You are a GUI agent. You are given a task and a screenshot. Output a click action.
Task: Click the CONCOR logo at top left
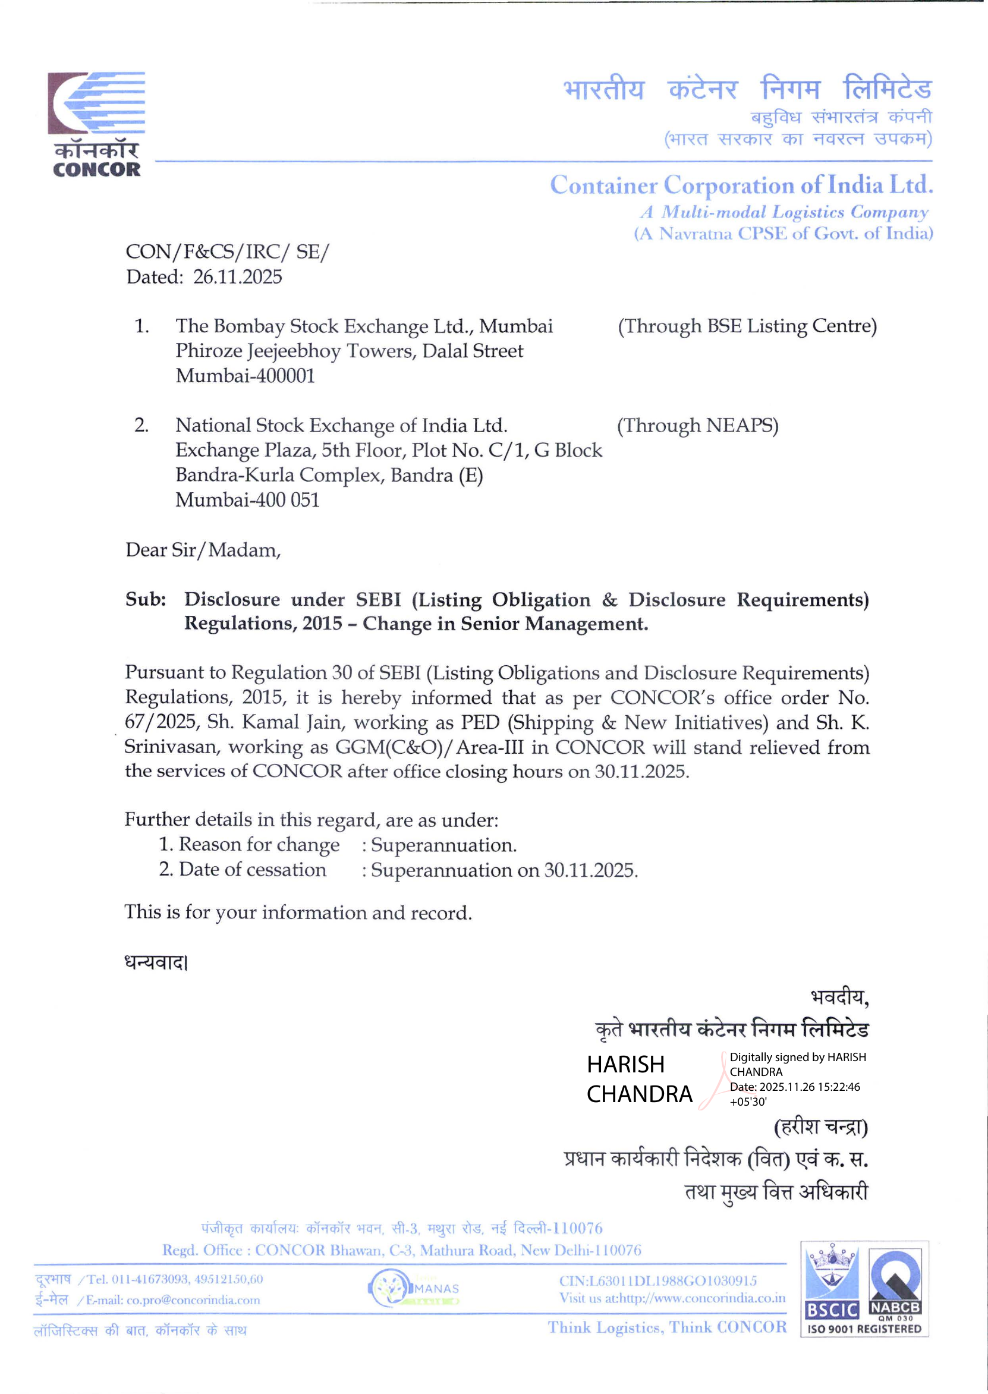click(96, 124)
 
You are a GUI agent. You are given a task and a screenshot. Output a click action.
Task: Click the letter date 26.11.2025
click(237, 278)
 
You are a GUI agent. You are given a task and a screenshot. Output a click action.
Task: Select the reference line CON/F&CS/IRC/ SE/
click(227, 252)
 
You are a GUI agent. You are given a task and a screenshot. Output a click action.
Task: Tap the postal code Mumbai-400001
click(245, 376)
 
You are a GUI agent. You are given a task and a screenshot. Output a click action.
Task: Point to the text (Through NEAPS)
click(697, 426)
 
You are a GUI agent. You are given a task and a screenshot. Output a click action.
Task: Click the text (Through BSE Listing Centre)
click(747, 326)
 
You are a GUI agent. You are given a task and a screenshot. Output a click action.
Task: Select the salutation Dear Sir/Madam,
click(203, 550)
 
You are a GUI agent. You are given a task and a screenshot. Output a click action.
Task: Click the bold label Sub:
click(146, 600)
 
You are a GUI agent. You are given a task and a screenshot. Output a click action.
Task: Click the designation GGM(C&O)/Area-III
click(426, 747)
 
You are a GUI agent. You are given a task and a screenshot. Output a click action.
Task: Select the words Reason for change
click(259, 845)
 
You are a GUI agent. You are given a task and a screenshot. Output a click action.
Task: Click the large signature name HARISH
click(625, 1064)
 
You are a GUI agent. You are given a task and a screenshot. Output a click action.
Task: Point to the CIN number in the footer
click(657, 1281)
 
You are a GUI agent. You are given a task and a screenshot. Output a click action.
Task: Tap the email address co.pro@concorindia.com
click(193, 1300)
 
